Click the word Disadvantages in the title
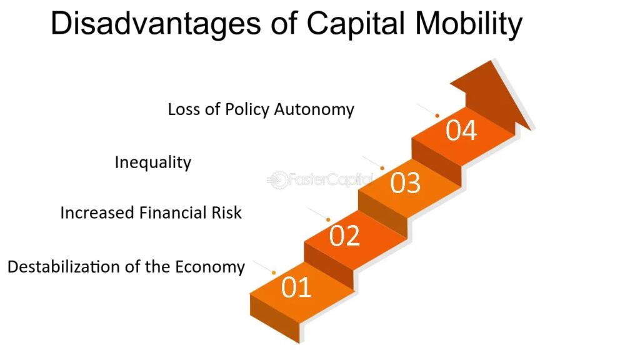[156, 24]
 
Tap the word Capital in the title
[356, 24]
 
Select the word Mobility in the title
[469, 24]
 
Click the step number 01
[296, 287]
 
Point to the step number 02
[345, 236]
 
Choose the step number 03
[405, 183]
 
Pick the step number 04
[461, 131]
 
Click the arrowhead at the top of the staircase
[492, 95]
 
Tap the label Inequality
[153, 162]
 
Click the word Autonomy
[314, 110]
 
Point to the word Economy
[210, 267]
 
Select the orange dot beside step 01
[274, 272]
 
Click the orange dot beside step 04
[437, 116]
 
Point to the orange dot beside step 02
[328, 220]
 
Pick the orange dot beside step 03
[382, 168]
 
